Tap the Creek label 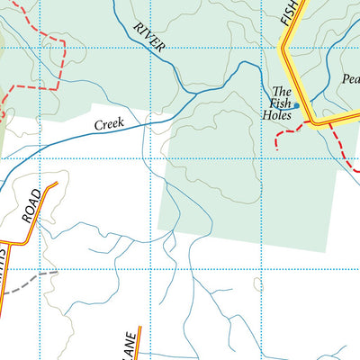click(x=117, y=122)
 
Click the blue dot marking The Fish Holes click(x=296, y=105)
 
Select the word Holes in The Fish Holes click(x=277, y=115)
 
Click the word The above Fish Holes click(x=282, y=92)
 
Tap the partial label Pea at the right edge click(x=351, y=78)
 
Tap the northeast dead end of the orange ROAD click(x=57, y=184)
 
